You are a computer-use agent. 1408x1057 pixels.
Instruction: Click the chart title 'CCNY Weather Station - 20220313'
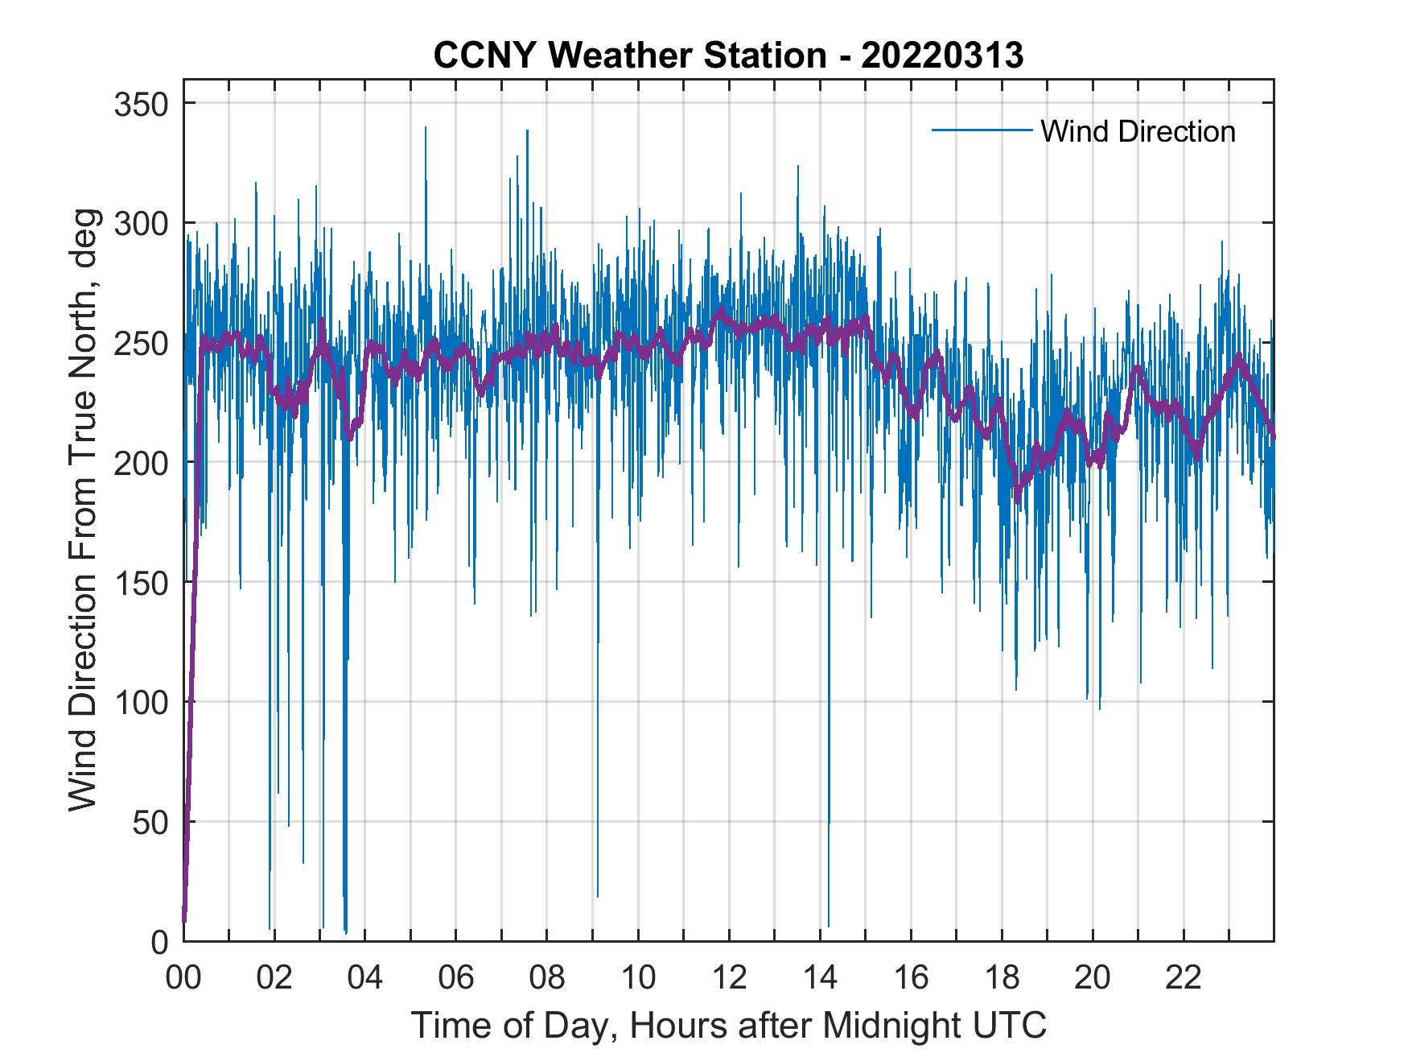728,56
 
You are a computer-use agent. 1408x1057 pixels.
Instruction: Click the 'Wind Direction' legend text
1138,131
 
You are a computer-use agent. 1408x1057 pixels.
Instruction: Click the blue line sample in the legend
981,130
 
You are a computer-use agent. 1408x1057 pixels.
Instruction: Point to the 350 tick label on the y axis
142,104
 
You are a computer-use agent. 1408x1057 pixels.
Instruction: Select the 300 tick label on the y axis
142,223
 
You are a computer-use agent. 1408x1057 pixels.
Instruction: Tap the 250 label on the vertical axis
142,343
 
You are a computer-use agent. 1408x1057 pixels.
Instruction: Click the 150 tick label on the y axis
142,582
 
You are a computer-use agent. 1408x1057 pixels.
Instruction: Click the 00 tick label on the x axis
183,978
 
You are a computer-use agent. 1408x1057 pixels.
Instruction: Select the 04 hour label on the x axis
365,978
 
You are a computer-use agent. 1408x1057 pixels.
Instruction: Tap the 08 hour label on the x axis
547,978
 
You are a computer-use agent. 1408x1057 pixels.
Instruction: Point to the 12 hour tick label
729,978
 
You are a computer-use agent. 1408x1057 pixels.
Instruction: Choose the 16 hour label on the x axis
911,978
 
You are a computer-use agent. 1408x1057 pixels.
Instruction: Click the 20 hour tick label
1093,978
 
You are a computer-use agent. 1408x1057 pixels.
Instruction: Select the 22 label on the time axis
1184,978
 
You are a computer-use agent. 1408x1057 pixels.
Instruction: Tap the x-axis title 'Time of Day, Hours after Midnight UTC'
728,1025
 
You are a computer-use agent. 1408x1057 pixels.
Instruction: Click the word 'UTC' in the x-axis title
1015,1025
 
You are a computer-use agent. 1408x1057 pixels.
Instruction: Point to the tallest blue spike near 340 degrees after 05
426,129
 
